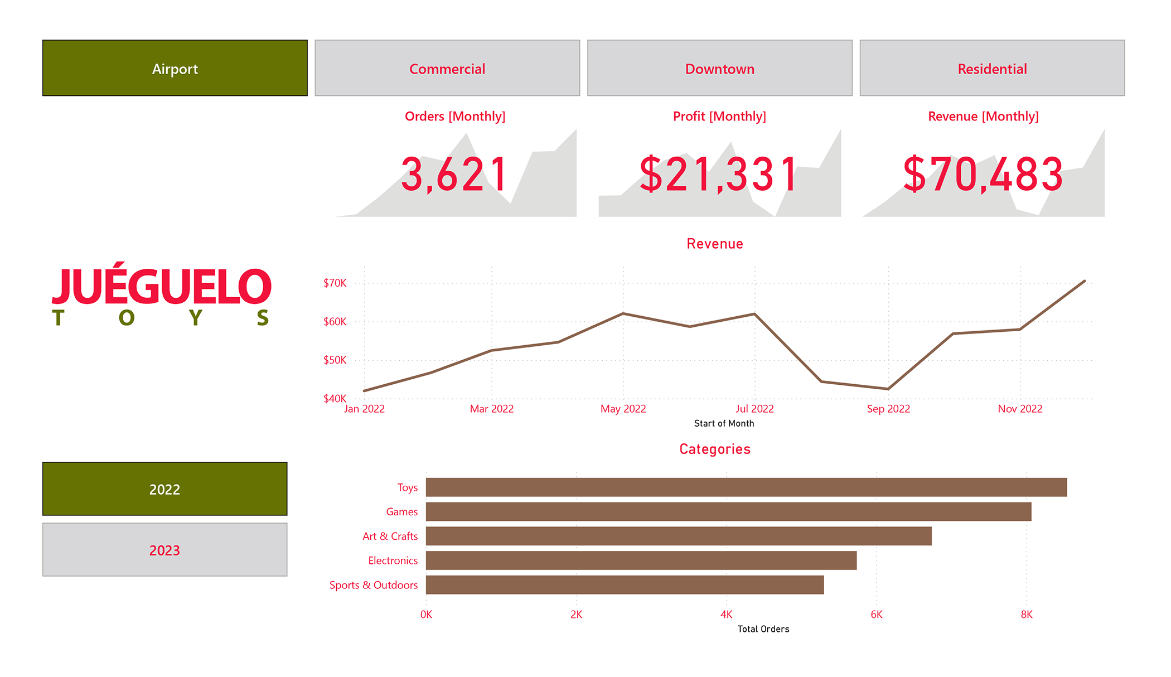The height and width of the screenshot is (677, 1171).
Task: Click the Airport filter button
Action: pos(175,68)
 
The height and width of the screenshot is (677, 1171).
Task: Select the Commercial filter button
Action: pos(447,68)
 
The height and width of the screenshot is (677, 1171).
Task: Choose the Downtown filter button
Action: pos(719,68)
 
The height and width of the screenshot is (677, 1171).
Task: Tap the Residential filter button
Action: pos(992,68)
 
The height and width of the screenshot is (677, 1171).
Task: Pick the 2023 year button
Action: pos(164,550)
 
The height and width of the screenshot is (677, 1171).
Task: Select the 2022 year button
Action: pos(164,489)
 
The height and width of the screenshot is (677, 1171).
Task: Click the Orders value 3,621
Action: pos(454,175)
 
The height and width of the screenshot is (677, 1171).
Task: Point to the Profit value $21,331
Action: pos(719,175)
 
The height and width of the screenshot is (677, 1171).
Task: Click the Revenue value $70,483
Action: pos(983,175)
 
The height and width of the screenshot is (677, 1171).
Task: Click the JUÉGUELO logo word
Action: pos(162,286)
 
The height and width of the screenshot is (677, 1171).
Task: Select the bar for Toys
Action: pos(746,487)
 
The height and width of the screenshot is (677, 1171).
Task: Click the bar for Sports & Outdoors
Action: pos(625,585)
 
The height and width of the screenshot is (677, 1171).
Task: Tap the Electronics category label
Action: pos(393,560)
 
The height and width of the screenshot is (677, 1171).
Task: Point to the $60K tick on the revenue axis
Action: pos(335,322)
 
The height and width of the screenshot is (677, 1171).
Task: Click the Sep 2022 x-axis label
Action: pos(888,409)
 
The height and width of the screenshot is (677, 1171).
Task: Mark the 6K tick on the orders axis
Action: pos(877,615)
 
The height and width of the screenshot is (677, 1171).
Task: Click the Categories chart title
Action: pos(715,449)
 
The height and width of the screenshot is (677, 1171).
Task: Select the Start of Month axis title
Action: pos(724,423)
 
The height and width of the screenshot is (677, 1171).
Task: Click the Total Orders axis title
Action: pos(763,629)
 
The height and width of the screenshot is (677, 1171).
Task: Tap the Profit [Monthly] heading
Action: pos(719,116)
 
